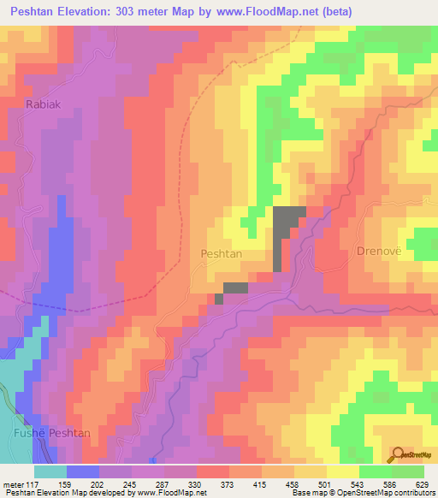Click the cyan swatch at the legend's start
[50, 471]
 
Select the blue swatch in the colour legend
[83, 471]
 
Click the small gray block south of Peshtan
[234, 290]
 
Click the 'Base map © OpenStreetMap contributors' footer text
[360, 493]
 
